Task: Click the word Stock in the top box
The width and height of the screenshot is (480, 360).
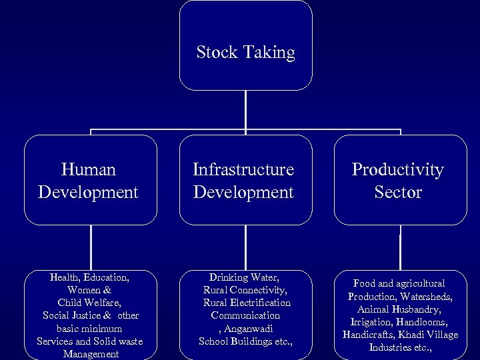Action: pyautogui.click(x=215, y=52)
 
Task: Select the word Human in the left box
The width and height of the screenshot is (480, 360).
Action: pyautogui.click(x=88, y=170)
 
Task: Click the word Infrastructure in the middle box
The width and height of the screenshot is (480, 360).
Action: pyautogui.click(x=243, y=170)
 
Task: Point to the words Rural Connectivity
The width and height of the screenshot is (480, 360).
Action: pyautogui.click(x=244, y=290)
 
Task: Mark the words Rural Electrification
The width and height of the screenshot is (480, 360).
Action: pyautogui.click(x=247, y=303)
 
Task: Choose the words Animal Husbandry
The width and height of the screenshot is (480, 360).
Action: pyautogui.click(x=399, y=309)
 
